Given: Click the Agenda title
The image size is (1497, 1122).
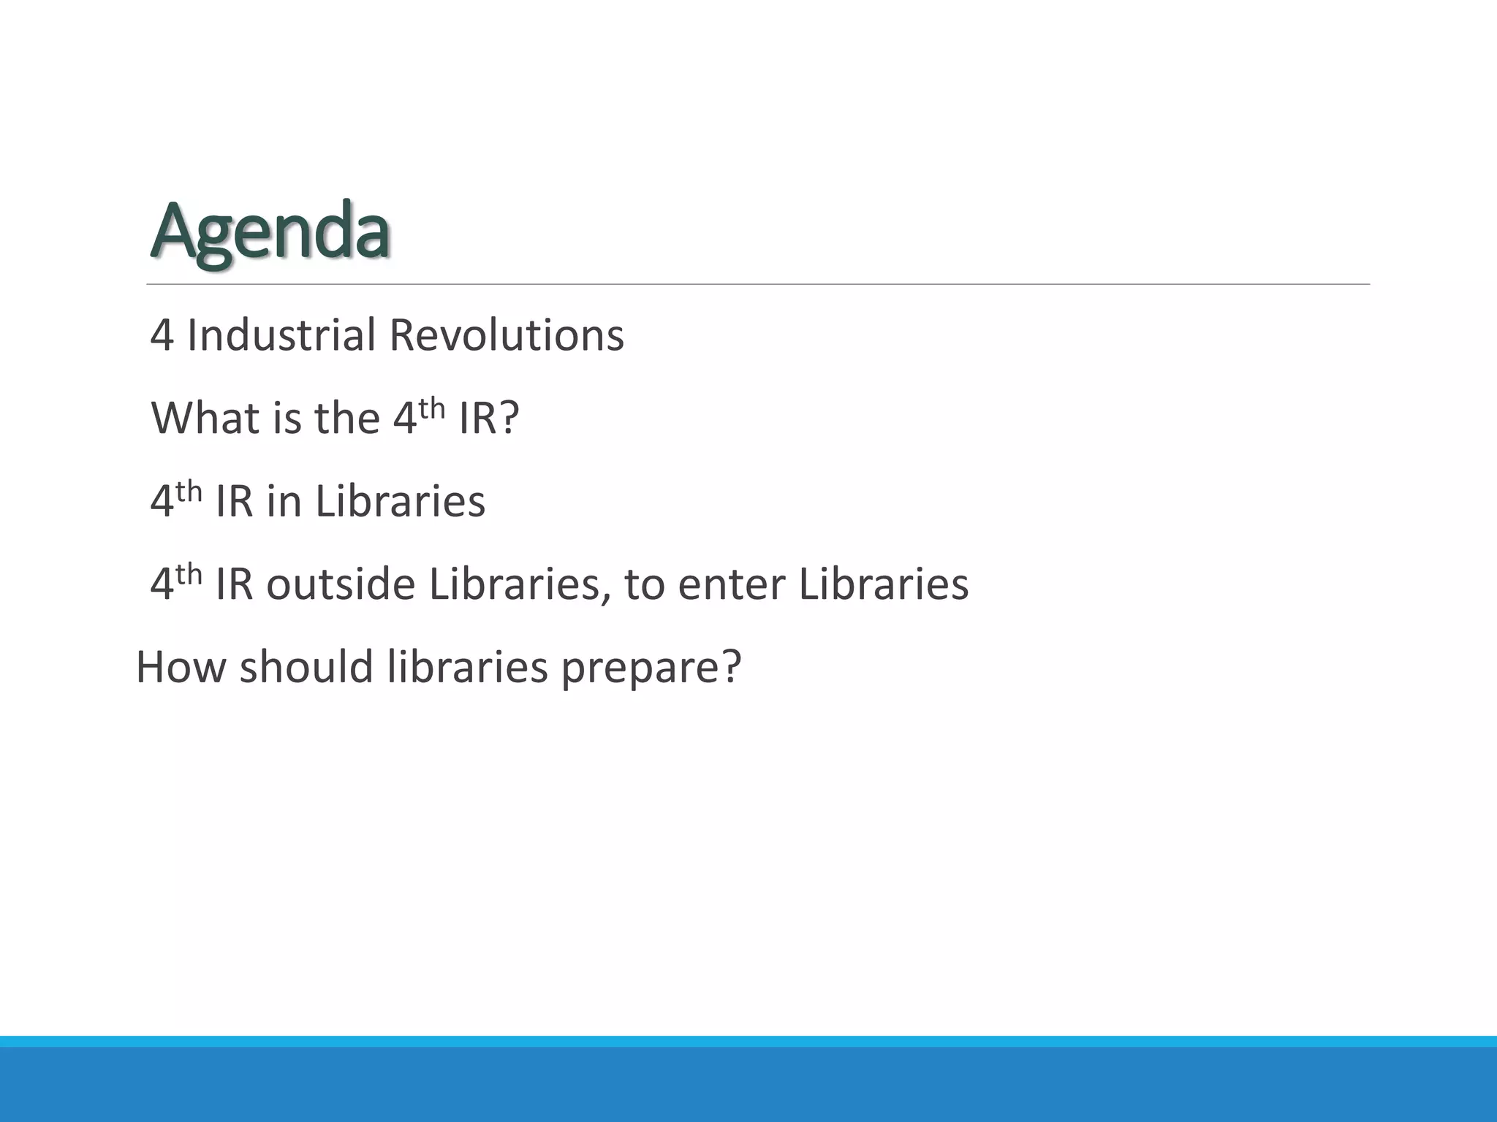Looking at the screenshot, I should [270, 232].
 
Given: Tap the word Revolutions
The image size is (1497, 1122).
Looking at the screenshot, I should [507, 335].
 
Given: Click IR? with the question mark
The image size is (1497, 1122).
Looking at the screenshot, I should [489, 419].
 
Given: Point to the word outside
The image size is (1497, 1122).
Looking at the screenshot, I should [341, 584].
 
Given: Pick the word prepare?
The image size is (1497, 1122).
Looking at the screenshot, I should [651, 668].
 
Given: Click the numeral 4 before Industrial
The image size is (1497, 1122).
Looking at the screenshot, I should [162, 336].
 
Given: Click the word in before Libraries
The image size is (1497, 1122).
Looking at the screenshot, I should [284, 502].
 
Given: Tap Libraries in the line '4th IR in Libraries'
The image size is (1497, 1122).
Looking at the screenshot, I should [401, 502].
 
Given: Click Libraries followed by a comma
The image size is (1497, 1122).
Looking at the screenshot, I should [520, 584].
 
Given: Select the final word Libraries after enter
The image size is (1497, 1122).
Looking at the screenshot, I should [884, 584].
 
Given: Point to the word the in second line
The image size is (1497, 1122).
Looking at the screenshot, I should [347, 419].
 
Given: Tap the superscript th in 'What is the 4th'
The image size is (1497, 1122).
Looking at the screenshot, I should [432, 408].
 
